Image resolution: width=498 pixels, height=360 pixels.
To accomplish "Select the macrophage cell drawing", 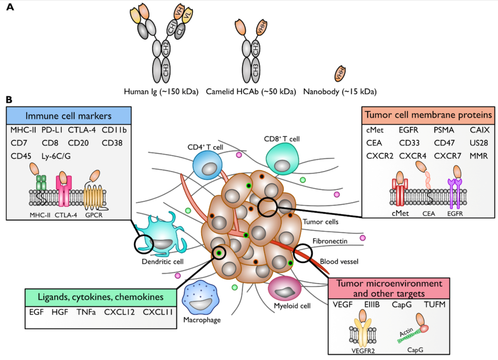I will pyautogui.click(x=200, y=299).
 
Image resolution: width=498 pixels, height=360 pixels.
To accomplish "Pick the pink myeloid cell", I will pyautogui.click(x=284, y=289).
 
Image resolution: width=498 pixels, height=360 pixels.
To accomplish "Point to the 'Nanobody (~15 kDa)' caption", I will pyautogui.click(x=340, y=92).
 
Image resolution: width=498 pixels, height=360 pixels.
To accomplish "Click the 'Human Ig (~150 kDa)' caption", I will pyautogui.click(x=161, y=92).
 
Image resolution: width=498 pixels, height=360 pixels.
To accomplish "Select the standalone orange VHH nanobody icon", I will pyautogui.click(x=340, y=72).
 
